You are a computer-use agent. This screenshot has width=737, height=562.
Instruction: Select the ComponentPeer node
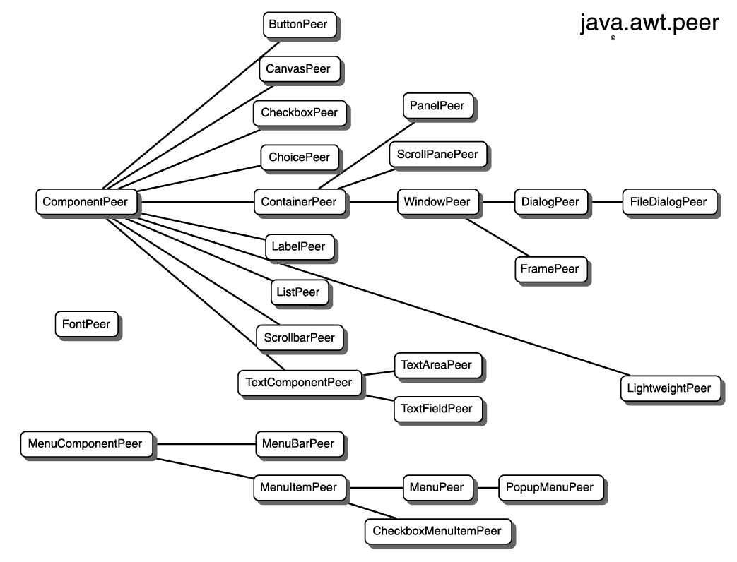pyautogui.click(x=85, y=202)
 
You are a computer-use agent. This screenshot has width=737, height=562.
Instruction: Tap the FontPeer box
pyautogui.click(x=86, y=325)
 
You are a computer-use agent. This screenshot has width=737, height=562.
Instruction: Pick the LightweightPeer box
pyautogui.click(x=669, y=388)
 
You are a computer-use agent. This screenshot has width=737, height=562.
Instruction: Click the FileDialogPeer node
pyautogui.click(x=668, y=202)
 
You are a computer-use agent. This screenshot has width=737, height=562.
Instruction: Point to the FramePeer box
pyautogui.click(x=550, y=269)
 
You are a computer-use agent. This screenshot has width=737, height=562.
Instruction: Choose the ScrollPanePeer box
pyautogui.click(x=437, y=154)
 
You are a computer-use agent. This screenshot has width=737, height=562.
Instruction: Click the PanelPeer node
pyautogui.click(x=437, y=106)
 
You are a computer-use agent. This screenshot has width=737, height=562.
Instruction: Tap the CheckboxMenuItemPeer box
pyautogui.click(x=437, y=531)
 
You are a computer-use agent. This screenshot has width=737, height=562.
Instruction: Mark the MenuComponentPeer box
pyautogui.click(x=85, y=444)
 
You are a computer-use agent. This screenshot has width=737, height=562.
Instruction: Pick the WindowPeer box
pyautogui.click(x=436, y=202)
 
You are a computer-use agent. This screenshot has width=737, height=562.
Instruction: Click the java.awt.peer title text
pyautogui.click(x=649, y=23)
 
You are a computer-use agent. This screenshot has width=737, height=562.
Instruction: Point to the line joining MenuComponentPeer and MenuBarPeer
pyautogui.click(x=205, y=444)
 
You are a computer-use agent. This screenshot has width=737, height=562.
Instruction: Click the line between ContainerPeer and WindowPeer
pyautogui.click(x=372, y=202)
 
